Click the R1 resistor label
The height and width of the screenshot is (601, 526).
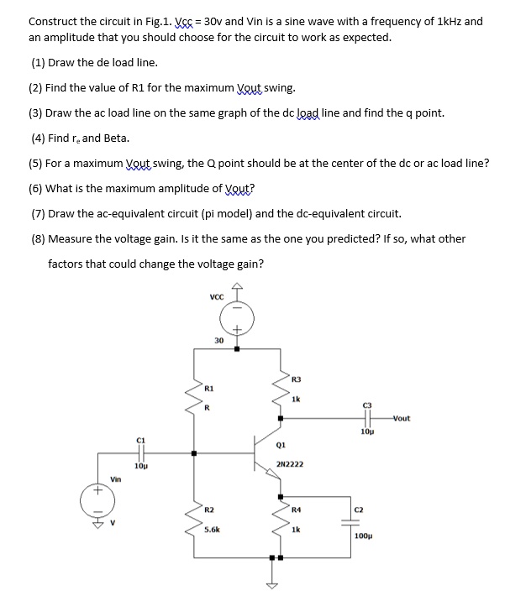[x=210, y=389]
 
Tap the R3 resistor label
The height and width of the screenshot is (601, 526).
[x=295, y=380]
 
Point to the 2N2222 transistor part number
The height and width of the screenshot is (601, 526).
[x=290, y=463]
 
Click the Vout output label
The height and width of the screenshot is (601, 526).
[x=401, y=417]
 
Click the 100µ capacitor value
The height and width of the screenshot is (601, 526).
[x=364, y=535]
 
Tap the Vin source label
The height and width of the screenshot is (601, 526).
[x=115, y=478]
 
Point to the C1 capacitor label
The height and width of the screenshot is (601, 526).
[x=141, y=439]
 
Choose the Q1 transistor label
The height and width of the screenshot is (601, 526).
[x=281, y=446]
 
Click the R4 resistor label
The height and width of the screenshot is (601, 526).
[x=296, y=510]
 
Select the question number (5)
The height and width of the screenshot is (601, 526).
[x=38, y=163]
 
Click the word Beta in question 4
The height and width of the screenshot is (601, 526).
[x=117, y=138]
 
